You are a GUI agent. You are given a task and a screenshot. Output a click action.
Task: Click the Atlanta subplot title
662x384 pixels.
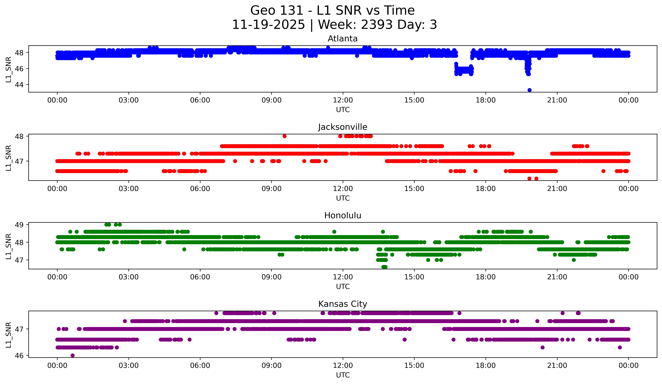(x=343, y=39)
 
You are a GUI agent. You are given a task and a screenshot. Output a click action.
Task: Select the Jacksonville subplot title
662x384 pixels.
(x=343, y=127)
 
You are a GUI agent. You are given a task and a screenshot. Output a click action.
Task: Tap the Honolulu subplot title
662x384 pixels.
(x=343, y=215)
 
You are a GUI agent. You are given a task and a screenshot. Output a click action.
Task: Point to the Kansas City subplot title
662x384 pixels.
(x=343, y=304)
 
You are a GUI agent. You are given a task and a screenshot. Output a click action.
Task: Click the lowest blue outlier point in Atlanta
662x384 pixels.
(x=529, y=90)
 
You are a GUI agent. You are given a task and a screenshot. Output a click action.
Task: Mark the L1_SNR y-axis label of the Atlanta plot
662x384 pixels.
(x=8, y=70)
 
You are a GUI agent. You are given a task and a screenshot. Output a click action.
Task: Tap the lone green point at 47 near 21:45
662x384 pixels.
(x=574, y=260)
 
